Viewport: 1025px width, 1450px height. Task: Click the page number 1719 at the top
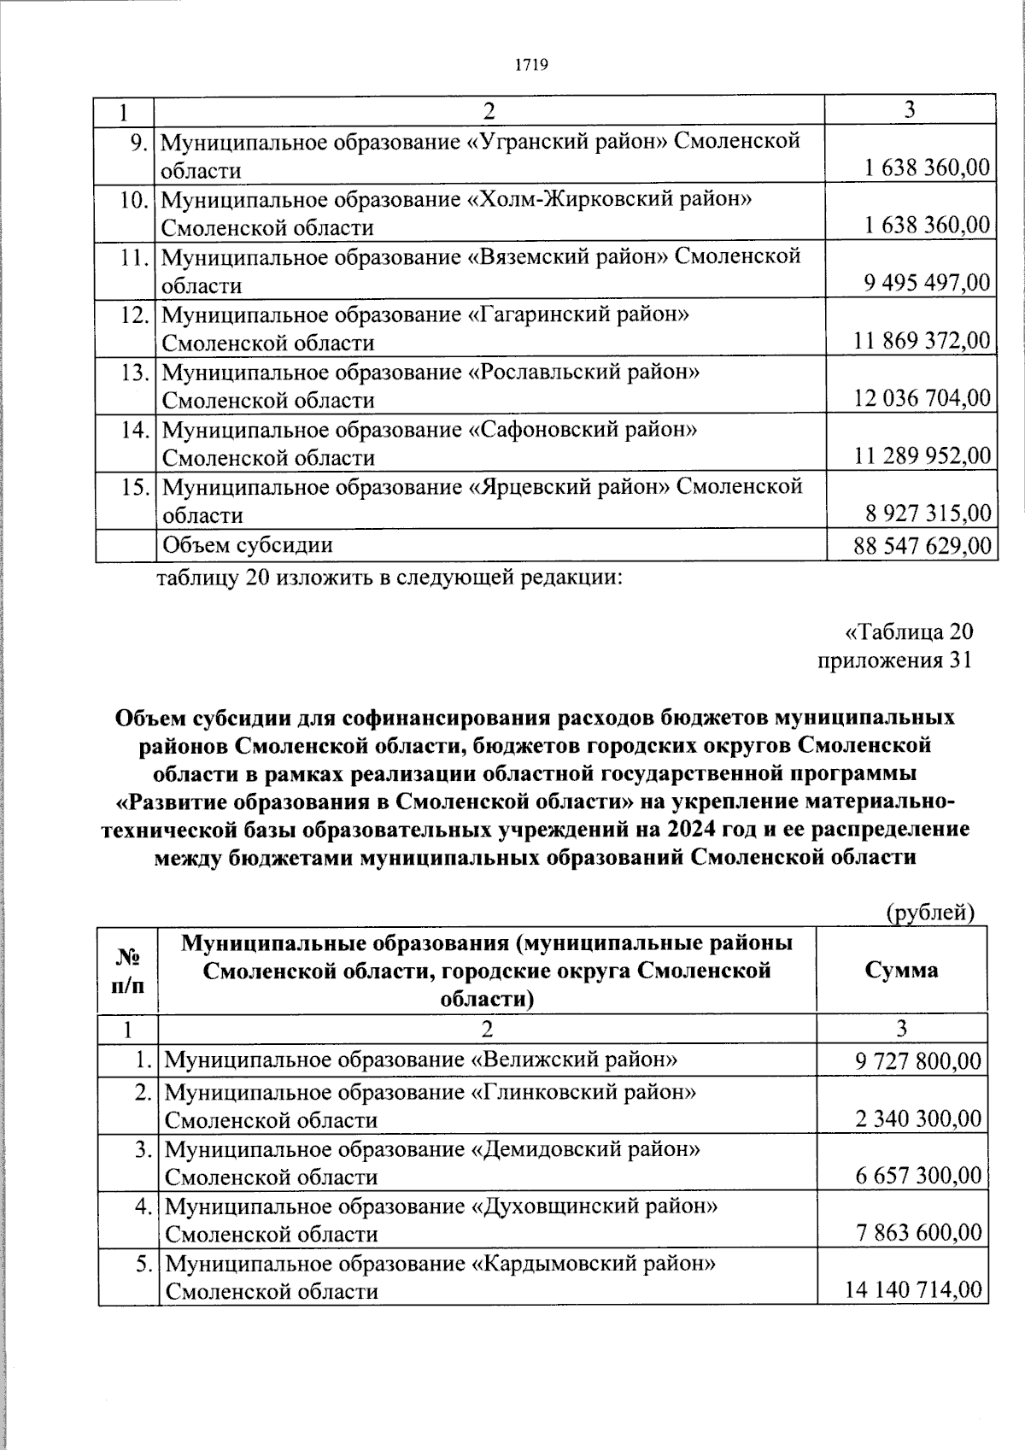coord(530,65)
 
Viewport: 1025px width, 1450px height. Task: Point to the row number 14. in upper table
coord(136,430)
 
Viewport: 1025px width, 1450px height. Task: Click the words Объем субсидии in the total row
coord(248,545)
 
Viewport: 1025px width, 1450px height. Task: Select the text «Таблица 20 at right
coord(908,632)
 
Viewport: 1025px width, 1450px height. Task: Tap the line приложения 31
coord(894,660)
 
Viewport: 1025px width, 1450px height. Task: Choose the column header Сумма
coord(901,969)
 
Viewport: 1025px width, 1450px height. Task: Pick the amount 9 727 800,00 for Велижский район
coord(918,1061)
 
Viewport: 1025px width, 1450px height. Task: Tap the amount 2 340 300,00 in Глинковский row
coord(918,1119)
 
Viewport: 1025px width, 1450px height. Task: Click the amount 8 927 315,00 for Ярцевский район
coord(927,514)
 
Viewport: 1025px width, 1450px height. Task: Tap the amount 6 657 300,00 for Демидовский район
coord(918,1177)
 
